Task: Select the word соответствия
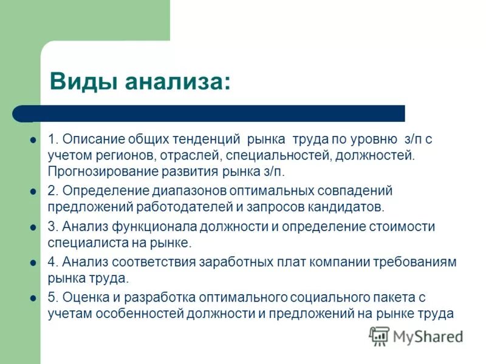(x=148, y=262)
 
